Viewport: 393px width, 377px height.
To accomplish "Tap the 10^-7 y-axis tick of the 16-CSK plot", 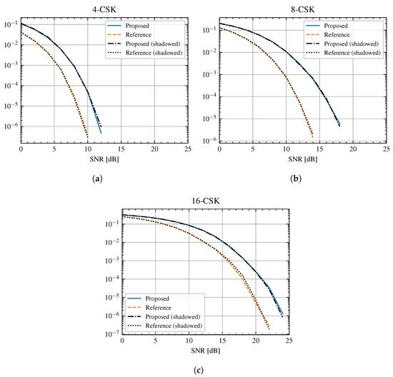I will [112, 333].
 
